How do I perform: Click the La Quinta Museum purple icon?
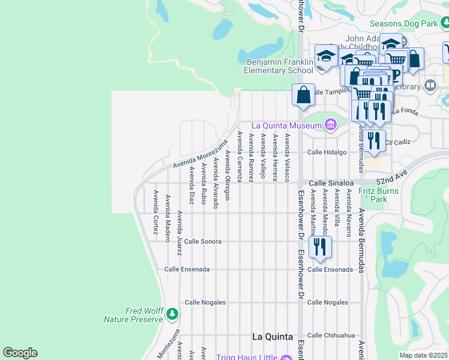pos(330,125)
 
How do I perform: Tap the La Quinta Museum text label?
pos(286,125)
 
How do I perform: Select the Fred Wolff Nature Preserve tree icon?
pos(172,313)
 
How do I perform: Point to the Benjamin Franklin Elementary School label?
pos(280,66)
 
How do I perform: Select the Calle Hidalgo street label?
pos(327,152)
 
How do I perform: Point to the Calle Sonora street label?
pos(203,241)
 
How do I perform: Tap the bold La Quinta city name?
pos(273,336)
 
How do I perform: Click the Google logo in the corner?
pos(20,353)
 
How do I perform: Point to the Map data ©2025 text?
pos(423,355)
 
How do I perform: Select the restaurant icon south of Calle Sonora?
pos(320,247)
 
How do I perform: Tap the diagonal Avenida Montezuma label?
pos(200,155)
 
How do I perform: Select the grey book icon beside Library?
pos(430,86)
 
